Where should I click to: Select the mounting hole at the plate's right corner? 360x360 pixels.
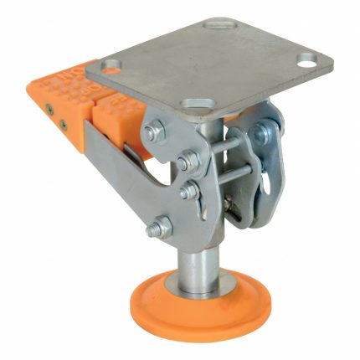[x=306, y=61]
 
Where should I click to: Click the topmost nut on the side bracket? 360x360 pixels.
[x=155, y=130]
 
